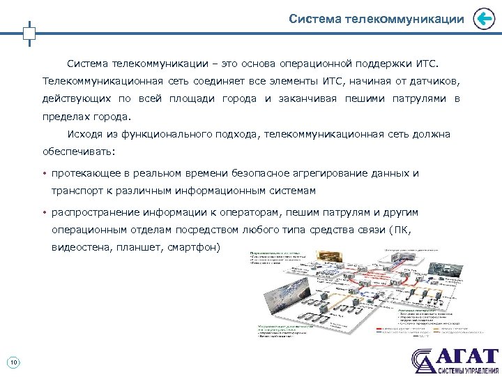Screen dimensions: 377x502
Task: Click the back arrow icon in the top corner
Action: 483,20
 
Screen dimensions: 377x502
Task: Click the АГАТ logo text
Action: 466,355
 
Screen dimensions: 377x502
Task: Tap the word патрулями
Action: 418,98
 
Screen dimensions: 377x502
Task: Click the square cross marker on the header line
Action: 29,33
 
